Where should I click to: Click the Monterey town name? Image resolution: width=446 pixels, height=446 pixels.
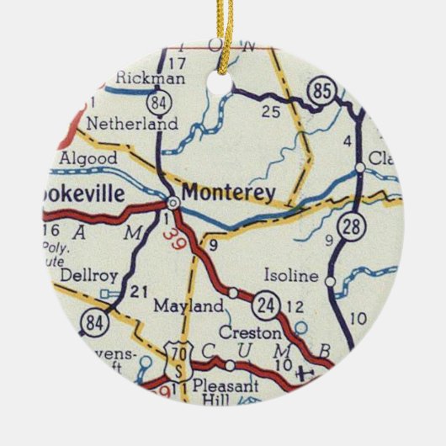click(228, 193)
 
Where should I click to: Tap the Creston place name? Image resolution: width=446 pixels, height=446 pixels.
click(249, 332)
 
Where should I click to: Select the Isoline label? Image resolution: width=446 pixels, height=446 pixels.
click(291, 276)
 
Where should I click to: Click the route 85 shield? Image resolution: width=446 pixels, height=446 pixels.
click(322, 92)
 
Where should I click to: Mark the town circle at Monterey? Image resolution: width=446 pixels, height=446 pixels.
click(172, 203)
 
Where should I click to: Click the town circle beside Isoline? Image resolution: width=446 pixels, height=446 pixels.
click(331, 280)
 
